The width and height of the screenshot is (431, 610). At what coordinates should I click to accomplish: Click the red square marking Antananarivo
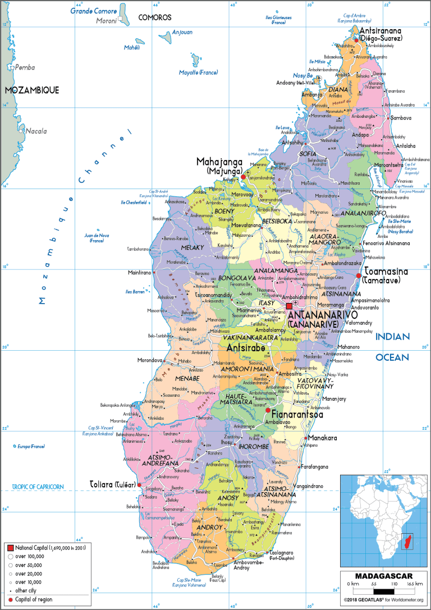click(x=290, y=306)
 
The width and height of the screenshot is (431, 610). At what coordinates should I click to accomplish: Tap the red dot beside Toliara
click(x=139, y=484)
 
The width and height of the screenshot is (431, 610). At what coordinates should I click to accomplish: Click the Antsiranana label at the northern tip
click(x=379, y=31)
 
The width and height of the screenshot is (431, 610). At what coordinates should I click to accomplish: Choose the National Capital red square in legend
click(x=10, y=547)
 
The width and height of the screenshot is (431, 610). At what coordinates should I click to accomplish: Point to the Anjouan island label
click(x=182, y=32)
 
